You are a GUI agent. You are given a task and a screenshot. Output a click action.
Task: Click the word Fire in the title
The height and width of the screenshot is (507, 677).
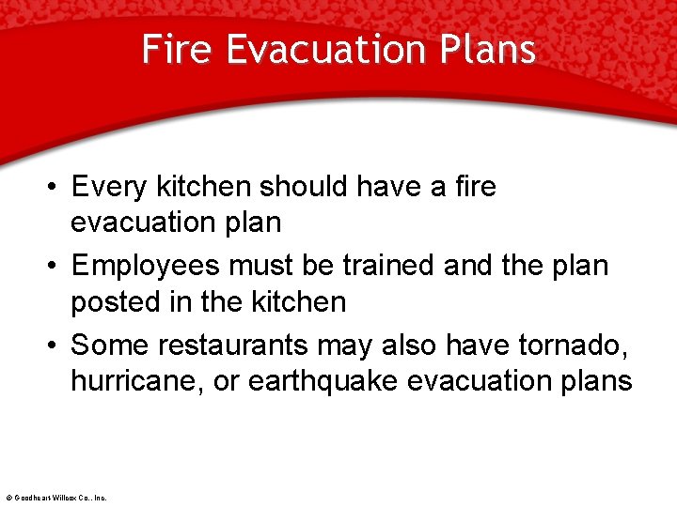coord(179,50)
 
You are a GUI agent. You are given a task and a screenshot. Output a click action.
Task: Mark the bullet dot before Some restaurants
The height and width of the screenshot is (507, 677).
coord(56,346)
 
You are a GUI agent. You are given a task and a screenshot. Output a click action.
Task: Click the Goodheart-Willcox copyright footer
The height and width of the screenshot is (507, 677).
coord(55,498)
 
